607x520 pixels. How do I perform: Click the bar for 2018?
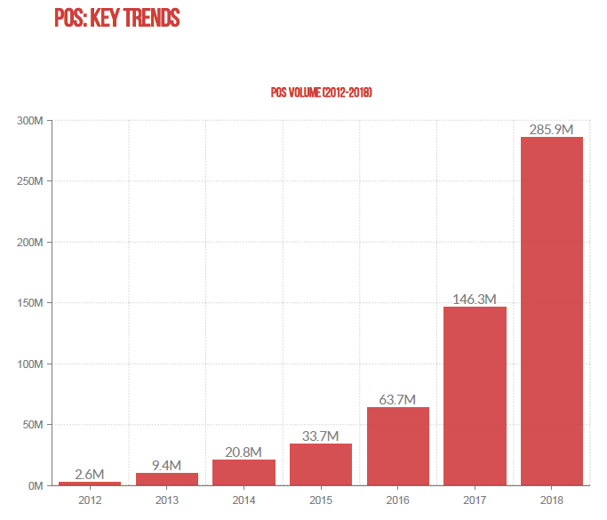[552, 311]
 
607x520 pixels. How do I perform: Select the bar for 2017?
[475, 396]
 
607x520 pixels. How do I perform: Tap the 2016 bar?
[398, 446]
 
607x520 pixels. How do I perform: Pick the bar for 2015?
[321, 464]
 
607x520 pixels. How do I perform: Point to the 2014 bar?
[244, 472]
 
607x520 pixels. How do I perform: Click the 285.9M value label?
[552, 130]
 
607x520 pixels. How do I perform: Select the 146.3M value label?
[475, 299]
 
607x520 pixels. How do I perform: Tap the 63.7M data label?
[398, 400]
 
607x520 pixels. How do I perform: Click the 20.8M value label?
[244, 452]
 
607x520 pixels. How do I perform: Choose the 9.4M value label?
[166, 465]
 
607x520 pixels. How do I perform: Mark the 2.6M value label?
[89, 474]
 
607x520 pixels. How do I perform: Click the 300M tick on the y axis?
[30, 120]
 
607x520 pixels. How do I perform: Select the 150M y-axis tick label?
[30, 303]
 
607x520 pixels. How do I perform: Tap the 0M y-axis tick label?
[36, 485]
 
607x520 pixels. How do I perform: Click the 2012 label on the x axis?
[89, 500]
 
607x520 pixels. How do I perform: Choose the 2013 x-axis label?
[166, 500]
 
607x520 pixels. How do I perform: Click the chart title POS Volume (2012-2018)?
[321, 92]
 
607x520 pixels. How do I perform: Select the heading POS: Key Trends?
[116, 17]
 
